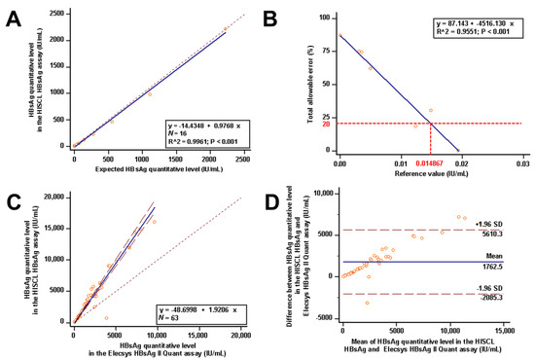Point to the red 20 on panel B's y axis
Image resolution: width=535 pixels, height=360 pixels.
pyautogui.click(x=326, y=124)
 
